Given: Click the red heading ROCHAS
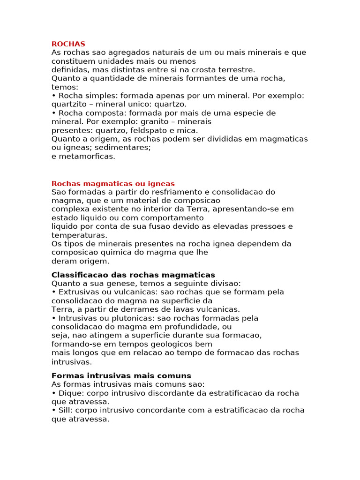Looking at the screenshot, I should (68, 44).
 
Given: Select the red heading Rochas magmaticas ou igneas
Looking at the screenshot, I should (113, 183).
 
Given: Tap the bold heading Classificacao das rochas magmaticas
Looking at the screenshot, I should (133, 275).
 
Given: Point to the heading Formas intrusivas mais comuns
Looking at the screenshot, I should (121, 376).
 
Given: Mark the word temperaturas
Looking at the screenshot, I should (79, 235).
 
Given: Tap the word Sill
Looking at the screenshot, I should (65, 410).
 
